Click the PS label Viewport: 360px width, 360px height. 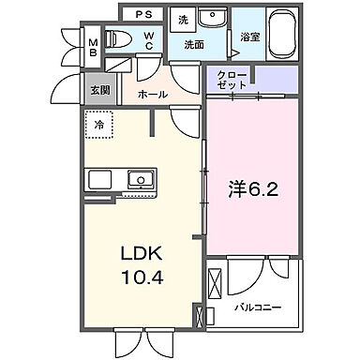coord(143,15)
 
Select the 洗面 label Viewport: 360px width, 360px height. coord(194,43)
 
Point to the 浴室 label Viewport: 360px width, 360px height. coord(249,38)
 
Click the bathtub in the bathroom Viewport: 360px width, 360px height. coord(281,25)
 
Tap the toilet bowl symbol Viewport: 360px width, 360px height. coord(119,39)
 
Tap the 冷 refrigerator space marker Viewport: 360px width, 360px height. coord(99,121)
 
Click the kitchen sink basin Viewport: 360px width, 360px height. coord(142,178)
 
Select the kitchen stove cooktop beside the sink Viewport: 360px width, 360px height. coord(100,178)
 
